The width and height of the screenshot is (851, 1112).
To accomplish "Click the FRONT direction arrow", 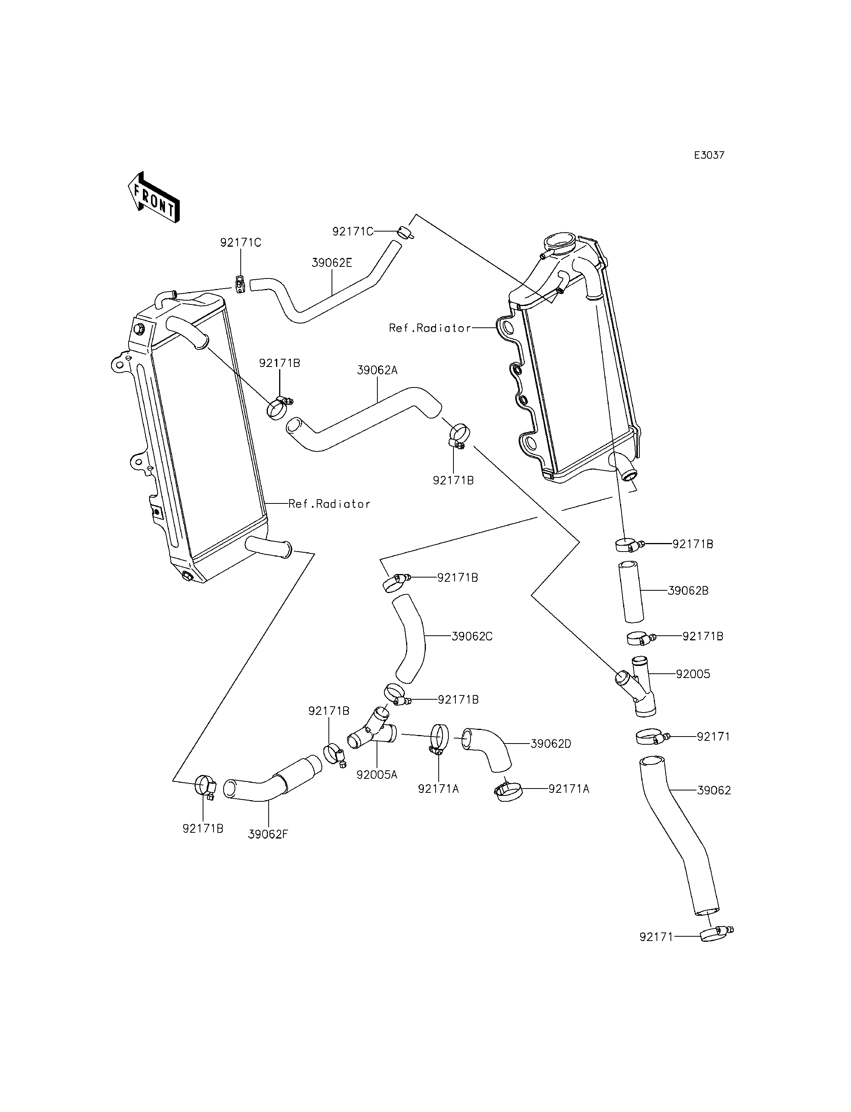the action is (x=153, y=197).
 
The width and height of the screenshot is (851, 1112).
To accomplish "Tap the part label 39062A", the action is (x=377, y=370).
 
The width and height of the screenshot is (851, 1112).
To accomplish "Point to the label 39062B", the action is (x=688, y=590).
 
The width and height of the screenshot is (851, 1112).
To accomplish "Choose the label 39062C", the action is (x=472, y=636).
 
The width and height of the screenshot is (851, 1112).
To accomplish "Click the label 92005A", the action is (x=377, y=775).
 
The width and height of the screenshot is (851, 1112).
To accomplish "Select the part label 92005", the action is (x=693, y=674).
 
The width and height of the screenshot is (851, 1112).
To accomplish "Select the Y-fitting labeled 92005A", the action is (x=372, y=734).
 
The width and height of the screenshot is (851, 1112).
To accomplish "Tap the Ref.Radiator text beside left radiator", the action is (x=329, y=503).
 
